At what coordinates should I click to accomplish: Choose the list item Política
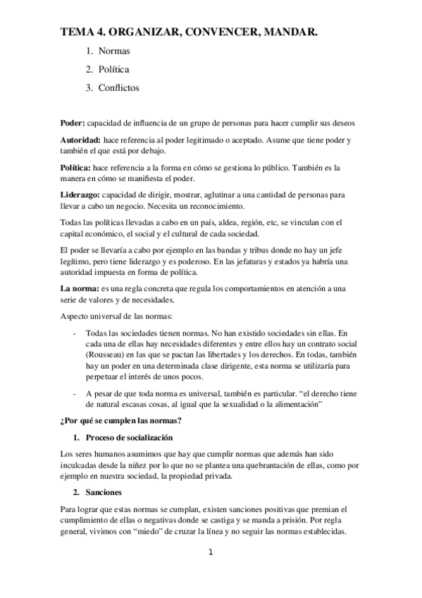(x=113, y=70)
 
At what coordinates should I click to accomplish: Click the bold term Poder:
(x=72, y=121)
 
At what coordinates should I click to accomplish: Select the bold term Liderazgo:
(x=80, y=194)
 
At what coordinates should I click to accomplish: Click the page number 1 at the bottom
(x=210, y=552)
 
